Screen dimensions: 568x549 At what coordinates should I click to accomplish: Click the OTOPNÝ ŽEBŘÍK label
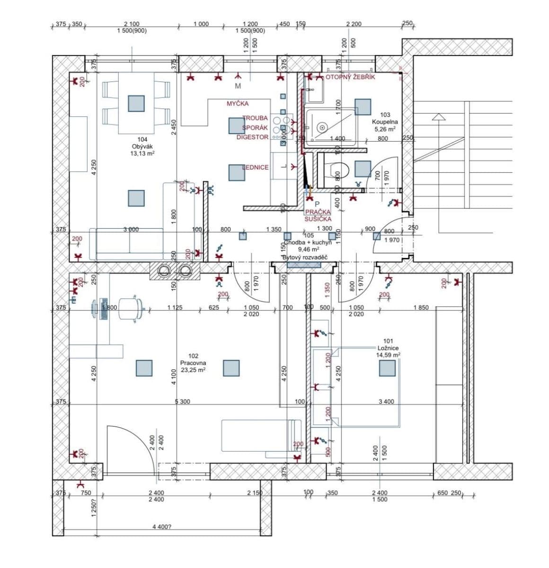click(350, 77)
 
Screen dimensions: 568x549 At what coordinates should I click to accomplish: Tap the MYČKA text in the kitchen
click(237, 103)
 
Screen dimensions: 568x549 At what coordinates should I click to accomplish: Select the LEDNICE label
click(256, 167)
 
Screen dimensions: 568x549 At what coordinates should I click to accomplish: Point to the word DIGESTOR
click(253, 137)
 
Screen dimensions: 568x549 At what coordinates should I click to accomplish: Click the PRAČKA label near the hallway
click(318, 212)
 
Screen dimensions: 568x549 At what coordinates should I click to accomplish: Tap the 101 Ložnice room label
click(388, 347)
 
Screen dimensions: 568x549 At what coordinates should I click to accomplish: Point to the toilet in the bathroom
click(337, 169)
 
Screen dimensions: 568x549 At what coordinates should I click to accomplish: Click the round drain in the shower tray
click(321, 127)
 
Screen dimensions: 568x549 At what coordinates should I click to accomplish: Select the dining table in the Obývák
click(136, 103)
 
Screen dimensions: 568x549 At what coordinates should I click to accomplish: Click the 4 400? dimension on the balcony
click(162, 526)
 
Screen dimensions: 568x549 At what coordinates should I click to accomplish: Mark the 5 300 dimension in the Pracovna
click(182, 401)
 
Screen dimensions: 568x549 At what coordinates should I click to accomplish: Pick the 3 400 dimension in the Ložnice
click(386, 401)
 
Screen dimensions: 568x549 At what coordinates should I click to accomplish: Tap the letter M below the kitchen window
click(238, 86)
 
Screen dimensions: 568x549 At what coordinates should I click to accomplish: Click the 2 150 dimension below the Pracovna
click(255, 493)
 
